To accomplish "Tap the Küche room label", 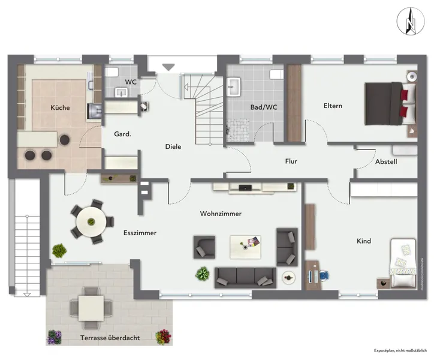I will click(60, 108).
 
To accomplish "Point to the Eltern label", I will click(333, 106).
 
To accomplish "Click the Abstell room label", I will click(386, 161).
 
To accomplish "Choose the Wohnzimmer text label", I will click(221, 214).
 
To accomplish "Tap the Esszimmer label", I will click(140, 233).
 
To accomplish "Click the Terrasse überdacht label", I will click(110, 338).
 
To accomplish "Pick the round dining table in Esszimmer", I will click(92, 221).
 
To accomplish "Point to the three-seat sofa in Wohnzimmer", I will click(245, 277).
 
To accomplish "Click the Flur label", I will click(291, 161).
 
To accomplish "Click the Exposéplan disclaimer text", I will click(399, 350).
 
